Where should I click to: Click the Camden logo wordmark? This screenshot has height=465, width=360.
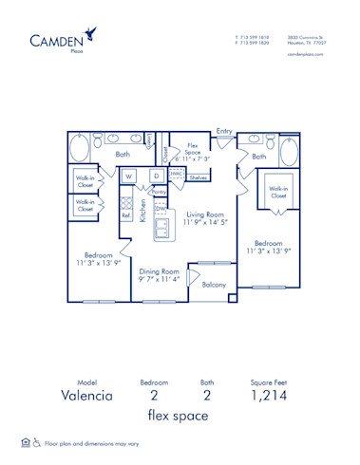[x=55, y=41]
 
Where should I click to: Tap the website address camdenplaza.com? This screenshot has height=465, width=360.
[x=305, y=54]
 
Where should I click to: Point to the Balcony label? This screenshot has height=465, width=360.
[x=214, y=285]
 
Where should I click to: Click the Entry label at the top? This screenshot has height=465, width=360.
[x=224, y=131]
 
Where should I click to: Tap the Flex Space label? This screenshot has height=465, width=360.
[x=191, y=149]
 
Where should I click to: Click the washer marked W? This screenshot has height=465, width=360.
[x=128, y=177]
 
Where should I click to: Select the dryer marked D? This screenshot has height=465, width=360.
[x=155, y=177]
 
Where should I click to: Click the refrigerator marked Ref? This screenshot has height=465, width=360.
[x=125, y=215]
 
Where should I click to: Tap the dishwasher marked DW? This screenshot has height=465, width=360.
[x=161, y=209]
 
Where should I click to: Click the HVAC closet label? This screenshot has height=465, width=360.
[x=176, y=175]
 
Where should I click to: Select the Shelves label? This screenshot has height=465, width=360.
[x=198, y=177]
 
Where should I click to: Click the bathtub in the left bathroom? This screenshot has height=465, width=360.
[x=81, y=149]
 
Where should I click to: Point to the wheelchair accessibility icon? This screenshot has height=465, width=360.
[x=37, y=442]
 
